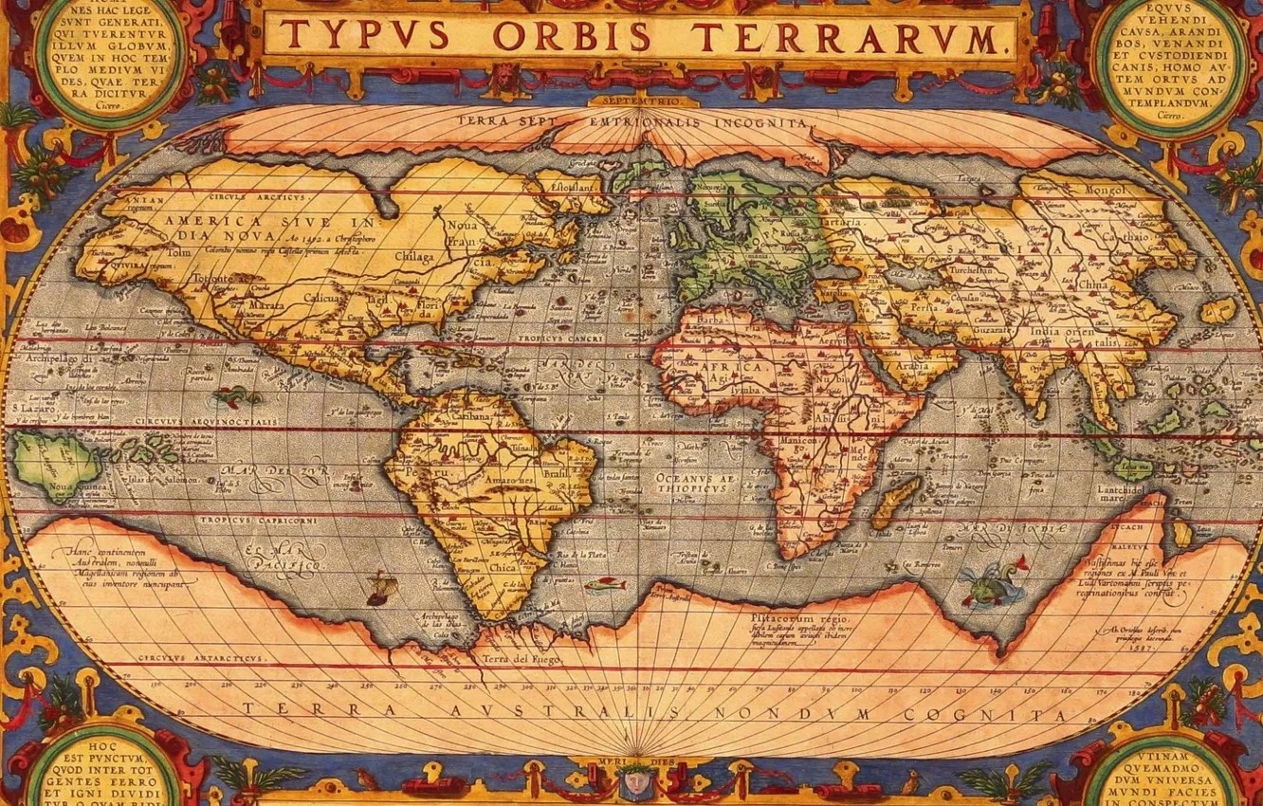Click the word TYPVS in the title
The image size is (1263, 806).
[x=364, y=36]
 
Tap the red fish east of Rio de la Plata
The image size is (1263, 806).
[x=604, y=585]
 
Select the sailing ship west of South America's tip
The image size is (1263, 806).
[x=378, y=588]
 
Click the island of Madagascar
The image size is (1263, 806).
[x=895, y=501]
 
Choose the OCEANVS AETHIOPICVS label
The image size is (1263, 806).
[x=696, y=485]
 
